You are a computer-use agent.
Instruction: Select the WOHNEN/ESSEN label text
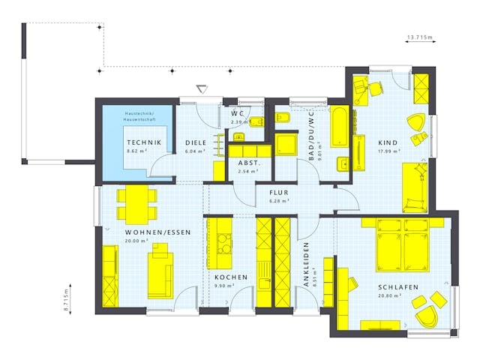pyautogui.click(x=157, y=232)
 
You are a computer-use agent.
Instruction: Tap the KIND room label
pyautogui.click(x=388, y=142)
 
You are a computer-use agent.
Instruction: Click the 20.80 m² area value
pyautogui.click(x=390, y=295)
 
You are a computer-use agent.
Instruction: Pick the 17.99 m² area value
pyautogui.click(x=388, y=151)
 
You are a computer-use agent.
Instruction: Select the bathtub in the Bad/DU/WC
pyautogui.click(x=339, y=127)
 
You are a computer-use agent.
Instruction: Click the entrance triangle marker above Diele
pyautogui.click(x=200, y=88)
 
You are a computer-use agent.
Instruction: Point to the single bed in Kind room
pyautogui.click(x=413, y=187)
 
